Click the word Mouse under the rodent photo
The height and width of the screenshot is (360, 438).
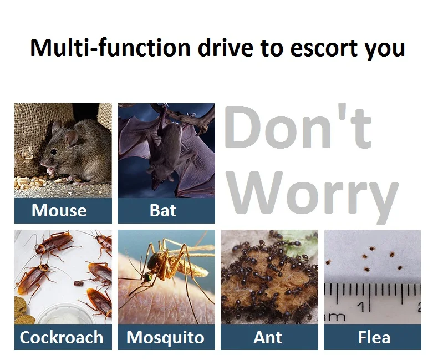click(x=59, y=210)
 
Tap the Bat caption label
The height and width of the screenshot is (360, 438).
click(x=163, y=210)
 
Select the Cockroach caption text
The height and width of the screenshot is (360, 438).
click(x=62, y=337)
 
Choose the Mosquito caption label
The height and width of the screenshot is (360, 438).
click(x=165, y=338)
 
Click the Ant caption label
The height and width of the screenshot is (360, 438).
click(x=268, y=337)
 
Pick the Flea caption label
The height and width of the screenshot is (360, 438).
click(x=374, y=337)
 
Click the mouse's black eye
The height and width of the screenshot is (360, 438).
click(x=53, y=152)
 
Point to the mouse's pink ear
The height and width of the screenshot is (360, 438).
click(x=72, y=138)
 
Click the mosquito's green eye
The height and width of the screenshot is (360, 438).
click(x=148, y=277)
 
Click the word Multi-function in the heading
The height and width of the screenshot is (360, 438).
click(x=110, y=48)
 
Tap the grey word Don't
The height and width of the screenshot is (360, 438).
click(x=298, y=126)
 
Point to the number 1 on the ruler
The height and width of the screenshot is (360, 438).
click(x=361, y=307)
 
